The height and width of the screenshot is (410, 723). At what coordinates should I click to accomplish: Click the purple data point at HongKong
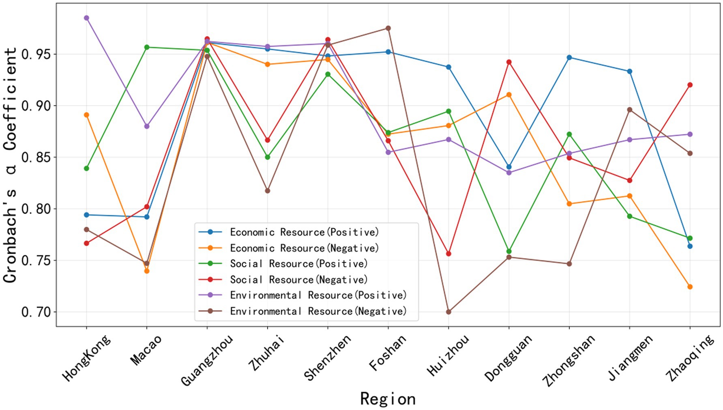[x=86, y=18]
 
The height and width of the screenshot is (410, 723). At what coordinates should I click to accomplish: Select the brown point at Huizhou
[x=448, y=312]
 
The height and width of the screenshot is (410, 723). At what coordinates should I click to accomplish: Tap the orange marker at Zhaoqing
[x=690, y=287]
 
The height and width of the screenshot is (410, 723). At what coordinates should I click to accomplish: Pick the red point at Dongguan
[x=509, y=62]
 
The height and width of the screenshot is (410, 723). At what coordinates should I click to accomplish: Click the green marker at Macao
[x=147, y=47]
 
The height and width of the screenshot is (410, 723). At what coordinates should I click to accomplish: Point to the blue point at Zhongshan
[x=569, y=58]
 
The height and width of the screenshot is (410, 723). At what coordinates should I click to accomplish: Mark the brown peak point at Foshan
[x=388, y=28]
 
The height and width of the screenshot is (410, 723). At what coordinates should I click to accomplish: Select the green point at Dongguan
[x=509, y=251]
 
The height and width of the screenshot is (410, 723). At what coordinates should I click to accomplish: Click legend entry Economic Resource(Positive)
[x=304, y=232]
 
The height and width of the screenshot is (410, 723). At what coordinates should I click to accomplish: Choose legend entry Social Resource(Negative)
[x=298, y=279]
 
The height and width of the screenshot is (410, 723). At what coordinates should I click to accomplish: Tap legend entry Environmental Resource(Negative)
[x=318, y=311]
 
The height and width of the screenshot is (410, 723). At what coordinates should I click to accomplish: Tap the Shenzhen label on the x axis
[x=328, y=358]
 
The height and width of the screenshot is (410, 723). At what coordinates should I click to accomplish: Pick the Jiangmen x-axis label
[x=631, y=357]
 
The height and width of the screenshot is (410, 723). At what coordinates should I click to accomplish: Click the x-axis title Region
[x=388, y=399]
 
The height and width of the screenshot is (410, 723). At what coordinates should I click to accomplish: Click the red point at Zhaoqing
[x=690, y=85]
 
